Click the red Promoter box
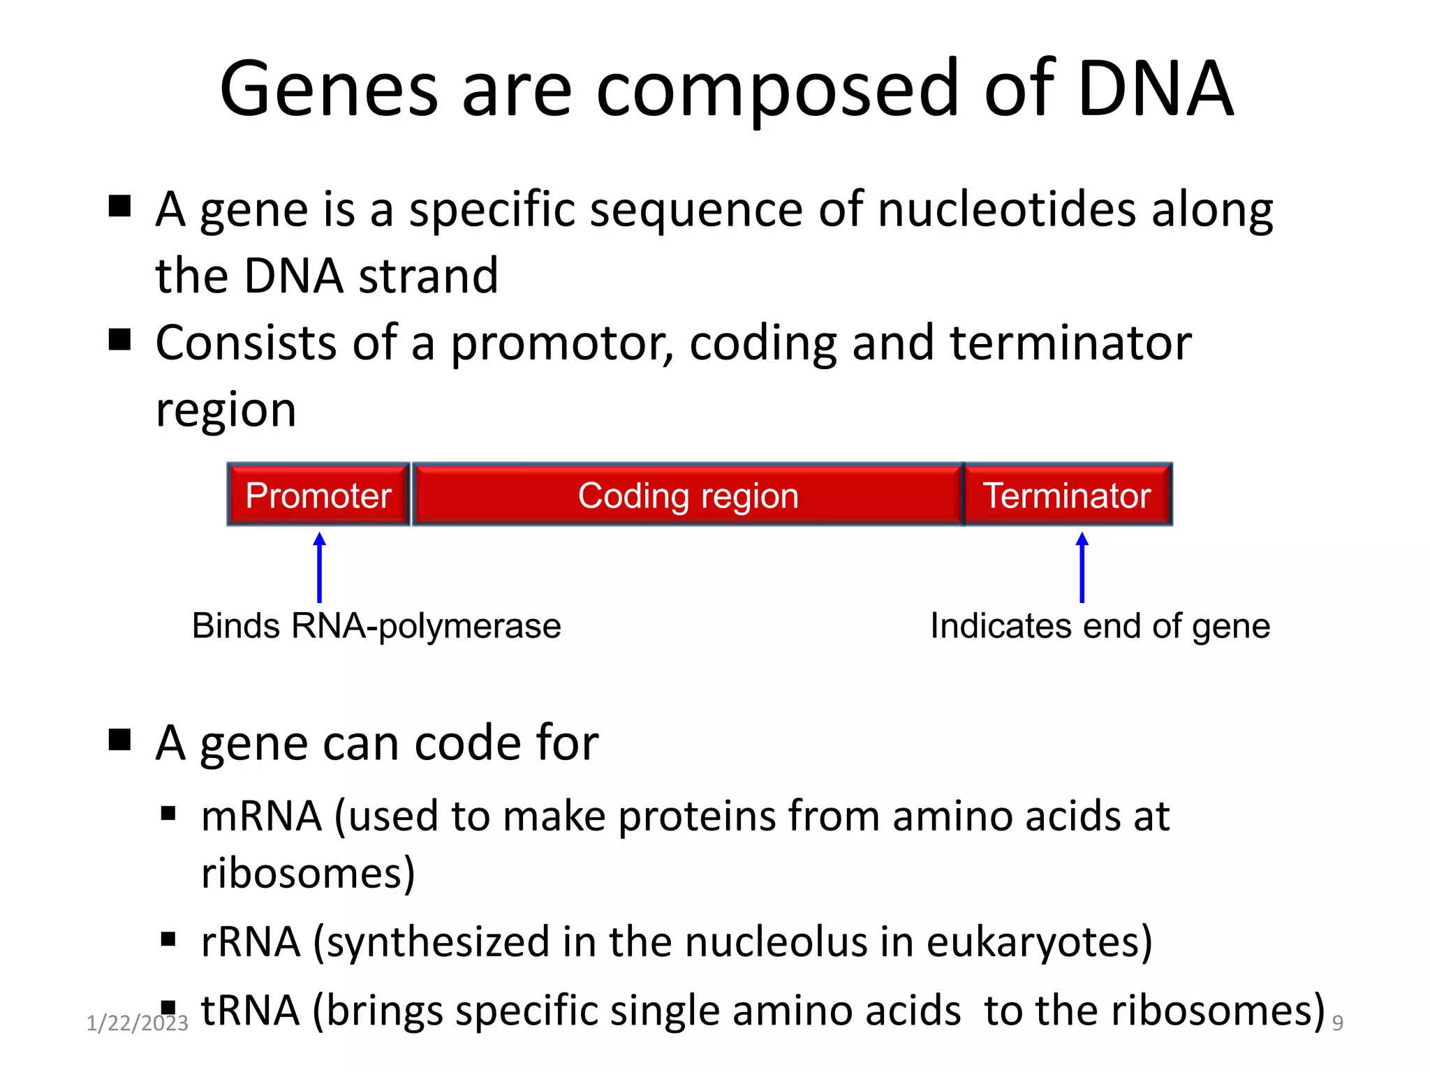(x=318, y=495)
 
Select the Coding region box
(x=688, y=495)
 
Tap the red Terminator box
(x=1067, y=495)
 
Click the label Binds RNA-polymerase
(x=376, y=626)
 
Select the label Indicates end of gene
(x=1100, y=626)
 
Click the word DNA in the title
(x=1156, y=89)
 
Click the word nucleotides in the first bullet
(x=1006, y=209)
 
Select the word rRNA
(x=251, y=941)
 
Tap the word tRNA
(x=250, y=1010)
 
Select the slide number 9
(x=1337, y=1023)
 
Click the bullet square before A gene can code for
(x=120, y=739)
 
